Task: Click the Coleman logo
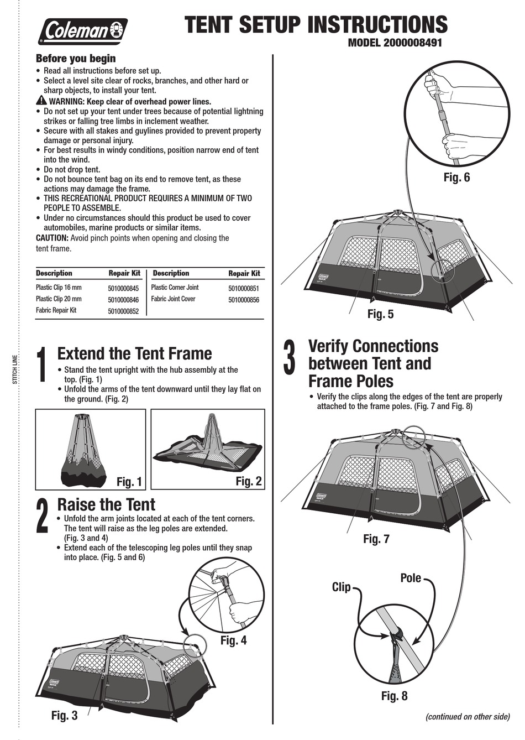point(82,31)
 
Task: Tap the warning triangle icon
point(41,101)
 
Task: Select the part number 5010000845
point(123,288)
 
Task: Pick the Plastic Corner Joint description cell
point(175,288)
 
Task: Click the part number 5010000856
point(243,300)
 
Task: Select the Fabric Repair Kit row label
point(56,310)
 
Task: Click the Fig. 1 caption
point(129,482)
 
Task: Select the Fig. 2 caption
point(248,481)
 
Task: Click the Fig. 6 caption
point(456,178)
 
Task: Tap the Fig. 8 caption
point(394,696)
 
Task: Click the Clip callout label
point(341,587)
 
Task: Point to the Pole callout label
point(410,578)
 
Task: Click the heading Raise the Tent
point(106,504)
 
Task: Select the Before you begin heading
point(76,59)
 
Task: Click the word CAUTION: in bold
point(52,238)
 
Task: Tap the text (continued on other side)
point(467,716)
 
